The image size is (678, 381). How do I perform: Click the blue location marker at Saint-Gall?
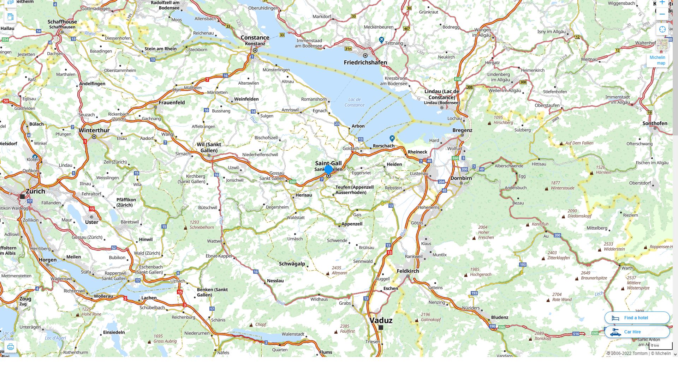point(328,170)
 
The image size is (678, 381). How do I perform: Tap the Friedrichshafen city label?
point(365,62)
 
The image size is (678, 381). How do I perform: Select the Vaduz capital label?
point(381,320)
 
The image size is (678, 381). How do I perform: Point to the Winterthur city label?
point(94,130)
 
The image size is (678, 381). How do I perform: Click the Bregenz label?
point(462,130)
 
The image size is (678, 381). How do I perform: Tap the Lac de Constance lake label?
point(354,102)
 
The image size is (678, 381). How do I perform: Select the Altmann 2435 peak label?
point(339,271)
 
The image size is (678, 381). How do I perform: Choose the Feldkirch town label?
point(408,271)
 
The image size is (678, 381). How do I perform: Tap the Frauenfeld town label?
point(172,103)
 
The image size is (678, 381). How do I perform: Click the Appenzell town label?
point(352,224)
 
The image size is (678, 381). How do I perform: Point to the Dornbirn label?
point(461,178)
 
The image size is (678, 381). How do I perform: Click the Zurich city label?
point(35,191)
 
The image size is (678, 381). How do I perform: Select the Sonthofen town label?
point(655,123)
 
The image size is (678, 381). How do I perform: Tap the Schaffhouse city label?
point(62,22)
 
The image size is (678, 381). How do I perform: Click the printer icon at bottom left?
point(11,347)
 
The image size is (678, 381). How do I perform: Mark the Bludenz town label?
point(499,317)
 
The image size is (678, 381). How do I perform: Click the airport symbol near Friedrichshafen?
point(381,40)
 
